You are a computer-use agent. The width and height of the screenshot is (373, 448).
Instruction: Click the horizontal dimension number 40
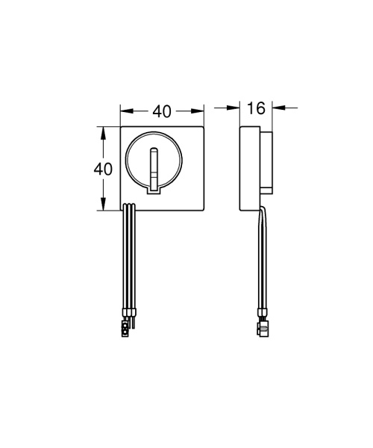click(163, 111)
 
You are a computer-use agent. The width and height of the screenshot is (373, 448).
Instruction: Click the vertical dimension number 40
click(103, 168)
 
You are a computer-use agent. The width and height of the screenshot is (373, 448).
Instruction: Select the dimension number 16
click(256, 109)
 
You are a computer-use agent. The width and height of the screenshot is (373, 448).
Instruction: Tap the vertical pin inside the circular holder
click(154, 168)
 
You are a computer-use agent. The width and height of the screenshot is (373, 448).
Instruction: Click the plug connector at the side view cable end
click(263, 326)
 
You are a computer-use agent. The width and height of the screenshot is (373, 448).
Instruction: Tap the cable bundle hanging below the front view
click(128, 254)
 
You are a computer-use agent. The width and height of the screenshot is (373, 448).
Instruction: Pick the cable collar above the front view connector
click(129, 311)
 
